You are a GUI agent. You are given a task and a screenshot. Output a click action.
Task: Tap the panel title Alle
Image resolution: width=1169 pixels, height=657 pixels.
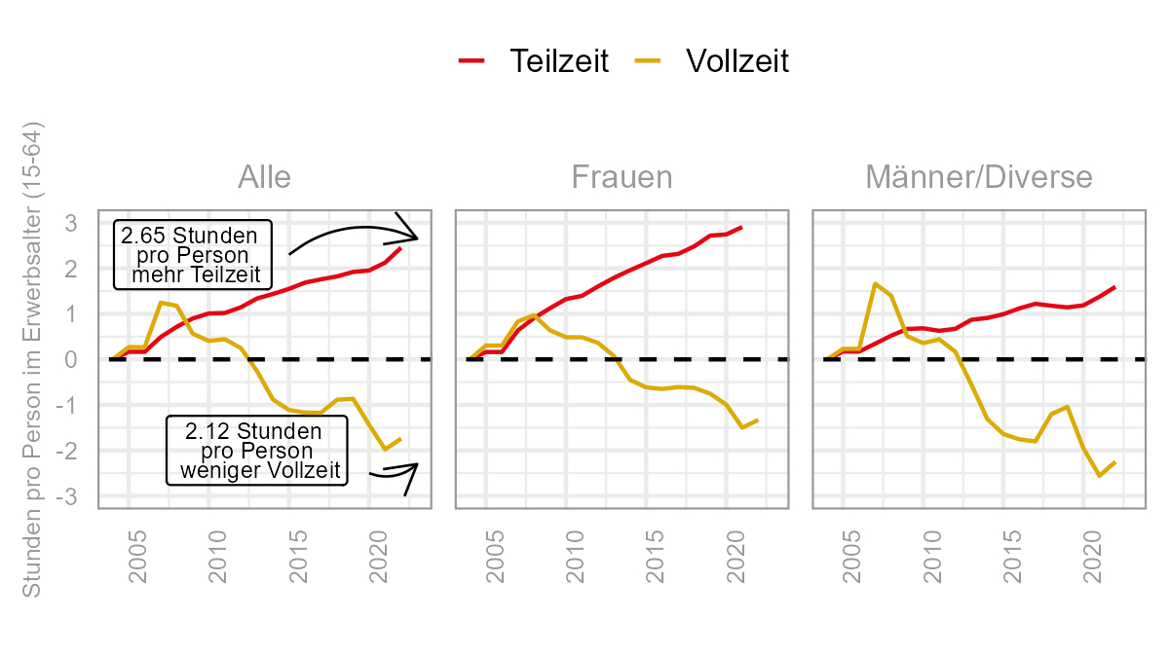pyautogui.click(x=264, y=177)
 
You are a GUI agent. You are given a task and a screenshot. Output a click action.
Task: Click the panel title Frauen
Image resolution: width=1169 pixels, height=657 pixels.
pyautogui.click(x=622, y=177)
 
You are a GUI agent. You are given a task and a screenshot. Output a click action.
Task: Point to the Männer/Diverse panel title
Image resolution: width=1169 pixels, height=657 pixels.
pyautogui.click(x=978, y=177)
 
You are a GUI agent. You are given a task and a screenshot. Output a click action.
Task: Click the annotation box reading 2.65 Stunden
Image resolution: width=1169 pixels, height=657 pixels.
pyautogui.click(x=192, y=255)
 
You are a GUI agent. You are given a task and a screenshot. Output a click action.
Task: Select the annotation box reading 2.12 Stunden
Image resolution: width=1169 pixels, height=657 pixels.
pyautogui.click(x=257, y=451)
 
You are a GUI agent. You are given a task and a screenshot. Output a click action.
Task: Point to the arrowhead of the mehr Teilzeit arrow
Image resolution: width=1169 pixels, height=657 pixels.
pyautogui.click(x=416, y=237)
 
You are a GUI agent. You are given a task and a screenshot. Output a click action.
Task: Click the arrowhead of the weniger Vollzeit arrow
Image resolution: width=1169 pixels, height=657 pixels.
pyautogui.click(x=416, y=464)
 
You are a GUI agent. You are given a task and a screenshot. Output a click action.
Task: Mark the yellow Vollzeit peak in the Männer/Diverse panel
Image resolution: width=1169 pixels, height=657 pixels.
pyautogui.click(x=875, y=283)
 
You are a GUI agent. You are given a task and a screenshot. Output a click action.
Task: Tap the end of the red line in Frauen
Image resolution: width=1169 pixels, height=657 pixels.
pyautogui.click(x=742, y=227)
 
